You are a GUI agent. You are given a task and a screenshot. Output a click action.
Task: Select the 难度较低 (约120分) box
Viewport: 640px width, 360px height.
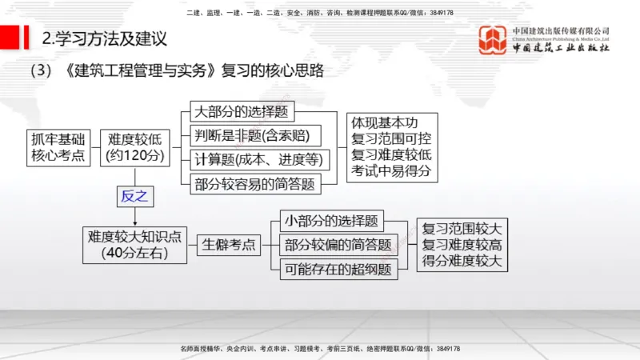135,146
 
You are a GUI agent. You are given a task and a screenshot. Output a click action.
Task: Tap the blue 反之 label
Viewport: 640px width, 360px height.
135,196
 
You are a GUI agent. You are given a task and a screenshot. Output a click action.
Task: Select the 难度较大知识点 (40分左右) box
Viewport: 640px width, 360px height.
134,244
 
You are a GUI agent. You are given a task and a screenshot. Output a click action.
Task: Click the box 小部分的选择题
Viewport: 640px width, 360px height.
331,221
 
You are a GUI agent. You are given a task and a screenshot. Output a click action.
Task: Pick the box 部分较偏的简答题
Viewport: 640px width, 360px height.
338,245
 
